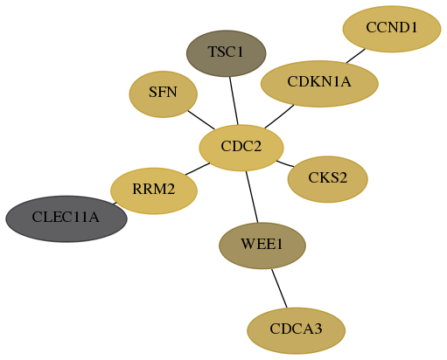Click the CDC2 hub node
pos(241,148)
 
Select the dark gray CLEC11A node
pos(66,218)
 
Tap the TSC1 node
pos(226,53)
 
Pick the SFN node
pos(164,94)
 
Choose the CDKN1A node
pos(319,84)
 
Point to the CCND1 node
pos(392,29)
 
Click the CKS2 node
pos(327,179)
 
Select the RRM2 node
pos(154,190)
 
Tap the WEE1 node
pos(262,246)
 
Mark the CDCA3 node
pos(297,330)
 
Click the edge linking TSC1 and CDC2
pos(234,100)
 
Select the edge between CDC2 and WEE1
pos(252,197)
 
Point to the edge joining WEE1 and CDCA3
pos(279,288)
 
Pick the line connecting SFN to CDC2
pos(201,120)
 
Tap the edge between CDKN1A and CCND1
pos(356,56)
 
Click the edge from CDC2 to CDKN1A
pos(279,116)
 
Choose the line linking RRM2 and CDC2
pos(198,169)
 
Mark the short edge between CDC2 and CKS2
pos(285,163)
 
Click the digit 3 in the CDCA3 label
pos(318,329)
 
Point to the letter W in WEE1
pos(247,244)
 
